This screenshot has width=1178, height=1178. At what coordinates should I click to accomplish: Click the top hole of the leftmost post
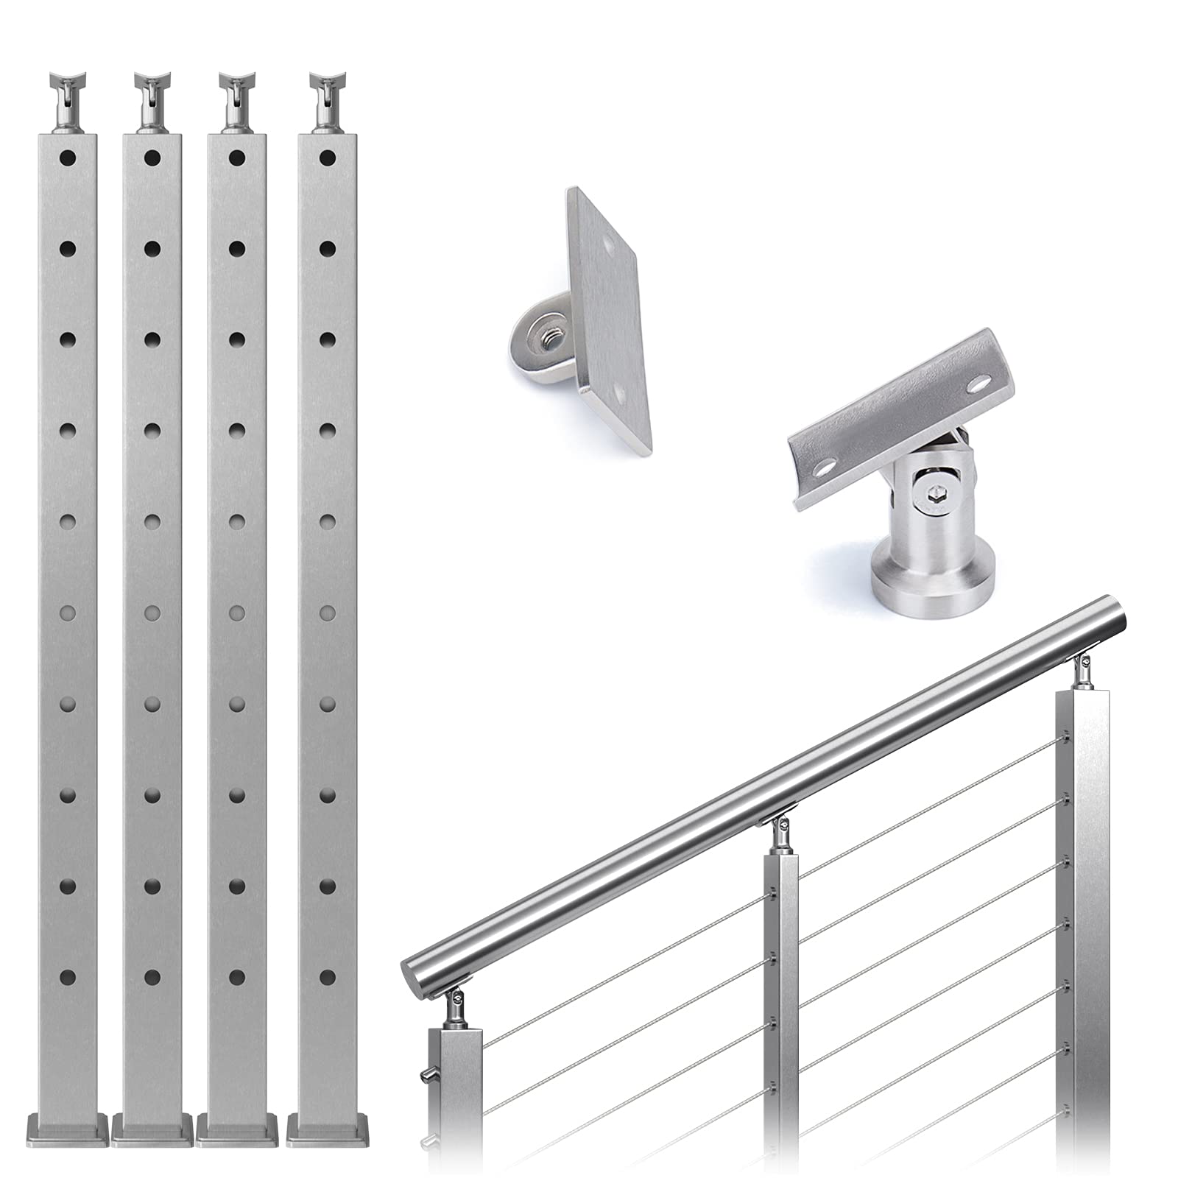tap(67, 157)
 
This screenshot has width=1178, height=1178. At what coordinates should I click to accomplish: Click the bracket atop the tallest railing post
tap(1082, 669)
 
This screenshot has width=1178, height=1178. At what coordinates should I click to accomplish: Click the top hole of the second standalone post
tap(152, 157)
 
